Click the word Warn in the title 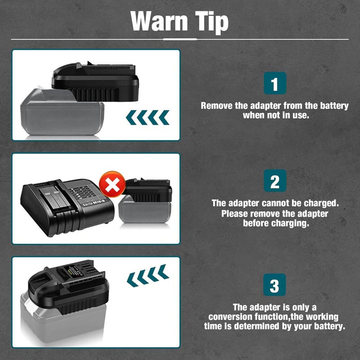(159, 21)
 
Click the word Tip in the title (211, 22)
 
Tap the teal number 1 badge (275, 83)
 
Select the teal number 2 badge (275, 180)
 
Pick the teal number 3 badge (274, 284)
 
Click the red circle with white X (112, 184)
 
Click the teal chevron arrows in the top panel (147, 117)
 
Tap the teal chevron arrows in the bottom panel (148, 275)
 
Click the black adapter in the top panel (95, 81)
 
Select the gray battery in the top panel (61, 112)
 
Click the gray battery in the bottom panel (63, 319)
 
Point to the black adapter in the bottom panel (68, 287)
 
